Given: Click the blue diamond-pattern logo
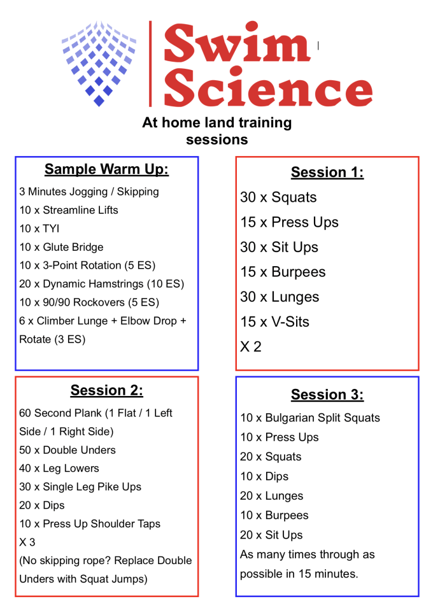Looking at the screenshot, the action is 99,64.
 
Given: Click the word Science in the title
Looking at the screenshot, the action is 268,87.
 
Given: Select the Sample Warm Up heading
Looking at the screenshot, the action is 106,169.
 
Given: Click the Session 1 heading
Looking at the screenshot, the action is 327,172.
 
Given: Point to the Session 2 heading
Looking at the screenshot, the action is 107,390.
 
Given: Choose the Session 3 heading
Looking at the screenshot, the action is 327,395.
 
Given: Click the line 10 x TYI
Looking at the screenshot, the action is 39,229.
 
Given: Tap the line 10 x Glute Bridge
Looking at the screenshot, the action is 61,247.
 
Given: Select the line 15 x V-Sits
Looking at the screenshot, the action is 274,322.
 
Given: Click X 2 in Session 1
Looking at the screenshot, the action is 251,347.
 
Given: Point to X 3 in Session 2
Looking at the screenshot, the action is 27,542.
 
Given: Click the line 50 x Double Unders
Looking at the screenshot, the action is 67,450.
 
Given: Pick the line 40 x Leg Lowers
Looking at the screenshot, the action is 59,469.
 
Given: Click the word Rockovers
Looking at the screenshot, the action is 99,302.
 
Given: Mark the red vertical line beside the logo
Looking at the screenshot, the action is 150,64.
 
